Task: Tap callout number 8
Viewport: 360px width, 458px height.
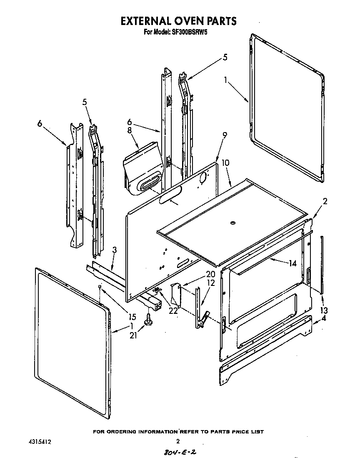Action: (130, 130)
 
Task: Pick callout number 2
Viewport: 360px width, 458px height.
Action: (325, 201)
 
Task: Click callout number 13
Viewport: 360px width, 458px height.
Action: (324, 310)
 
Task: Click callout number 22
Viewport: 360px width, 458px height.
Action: (172, 311)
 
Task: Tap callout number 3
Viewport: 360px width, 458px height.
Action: (114, 250)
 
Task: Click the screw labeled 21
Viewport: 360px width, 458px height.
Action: (148, 321)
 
